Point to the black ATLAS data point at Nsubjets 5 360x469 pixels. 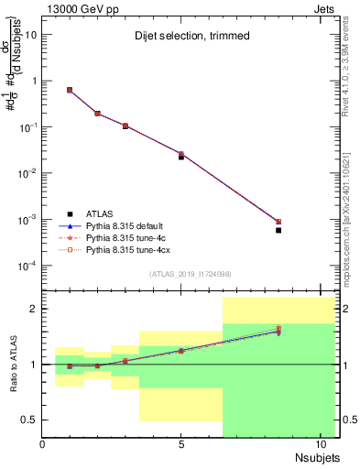[x=181, y=157]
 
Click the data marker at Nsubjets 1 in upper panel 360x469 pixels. [x=70, y=90]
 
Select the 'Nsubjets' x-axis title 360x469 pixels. [x=318, y=455]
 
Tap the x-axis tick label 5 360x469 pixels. [x=181, y=444]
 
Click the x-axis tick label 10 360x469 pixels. [x=320, y=444]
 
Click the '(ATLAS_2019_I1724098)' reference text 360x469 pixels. [x=183, y=273]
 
